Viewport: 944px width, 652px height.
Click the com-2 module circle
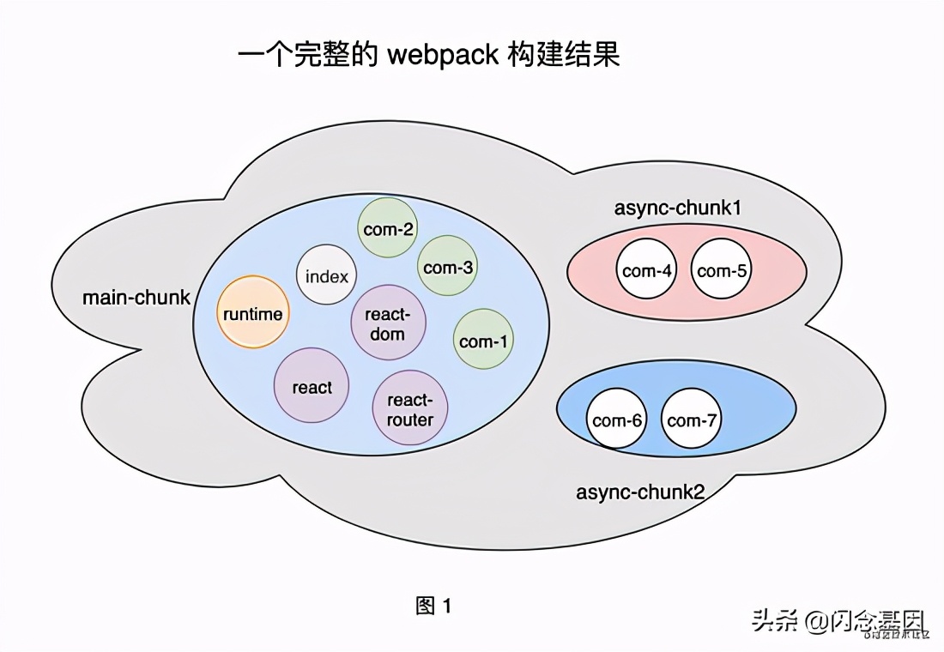388,228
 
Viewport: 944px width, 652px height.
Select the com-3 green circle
448,267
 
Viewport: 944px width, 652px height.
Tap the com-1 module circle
483,341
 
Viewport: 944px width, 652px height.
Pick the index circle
327,275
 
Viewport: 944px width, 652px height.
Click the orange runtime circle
253,313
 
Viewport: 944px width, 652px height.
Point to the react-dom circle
388,323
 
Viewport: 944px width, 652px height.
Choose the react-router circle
410,409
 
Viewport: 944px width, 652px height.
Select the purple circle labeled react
312,386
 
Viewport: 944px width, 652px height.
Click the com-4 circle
647,270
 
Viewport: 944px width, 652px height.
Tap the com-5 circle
722,270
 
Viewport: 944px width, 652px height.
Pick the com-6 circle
618,420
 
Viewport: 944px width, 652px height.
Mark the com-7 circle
693,420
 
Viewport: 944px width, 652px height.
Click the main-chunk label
136,298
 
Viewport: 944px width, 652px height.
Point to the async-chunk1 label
678,208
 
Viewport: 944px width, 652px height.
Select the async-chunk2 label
640,492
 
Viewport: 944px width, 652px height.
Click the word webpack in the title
443,55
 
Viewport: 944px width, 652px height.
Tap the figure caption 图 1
433,606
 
